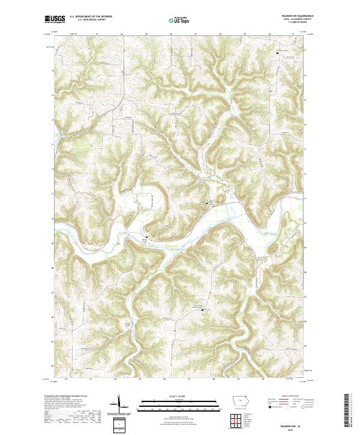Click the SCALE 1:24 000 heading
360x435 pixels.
coord(172,396)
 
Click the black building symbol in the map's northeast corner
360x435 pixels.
coord(277,53)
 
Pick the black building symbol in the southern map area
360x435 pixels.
coord(202,310)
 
